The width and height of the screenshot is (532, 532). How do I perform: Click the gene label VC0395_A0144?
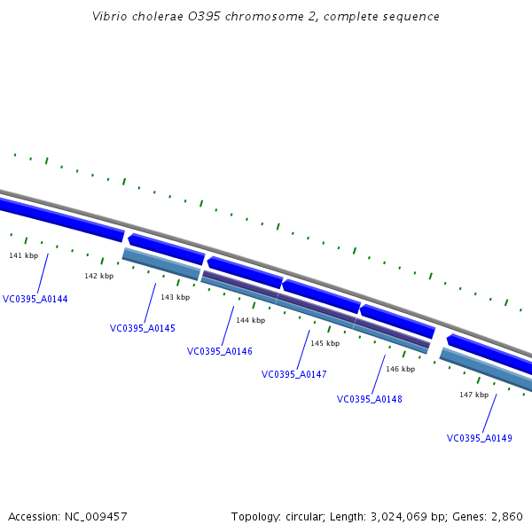click(x=35, y=299)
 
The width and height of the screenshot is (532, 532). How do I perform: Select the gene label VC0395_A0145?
click(x=143, y=328)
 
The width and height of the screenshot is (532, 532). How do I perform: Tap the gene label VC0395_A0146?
click(x=220, y=351)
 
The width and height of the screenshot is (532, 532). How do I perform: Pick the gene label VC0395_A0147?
click(x=294, y=374)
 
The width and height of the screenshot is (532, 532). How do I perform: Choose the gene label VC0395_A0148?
click(x=370, y=399)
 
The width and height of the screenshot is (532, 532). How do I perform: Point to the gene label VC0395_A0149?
click(x=480, y=438)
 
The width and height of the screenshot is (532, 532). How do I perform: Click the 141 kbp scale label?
click(x=24, y=255)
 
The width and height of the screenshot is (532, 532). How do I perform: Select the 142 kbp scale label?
click(x=99, y=276)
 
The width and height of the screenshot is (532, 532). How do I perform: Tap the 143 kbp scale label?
click(x=175, y=297)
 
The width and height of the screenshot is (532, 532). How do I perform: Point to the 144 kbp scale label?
click(x=250, y=320)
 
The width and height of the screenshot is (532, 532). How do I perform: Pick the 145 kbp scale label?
click(x=325, y=343)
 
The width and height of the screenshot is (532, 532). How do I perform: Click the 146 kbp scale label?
click(x=400, y=368)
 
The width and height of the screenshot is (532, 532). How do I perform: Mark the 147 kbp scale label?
click(x=473, y=395)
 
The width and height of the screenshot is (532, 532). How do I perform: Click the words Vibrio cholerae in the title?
click(x=134, y=17)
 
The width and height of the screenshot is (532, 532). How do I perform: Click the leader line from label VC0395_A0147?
click(x=303, y=349)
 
